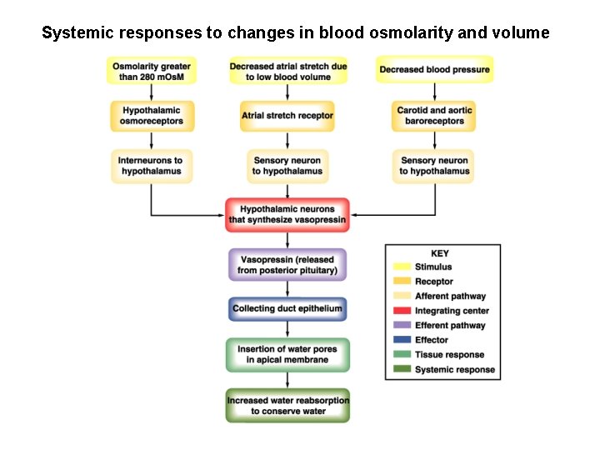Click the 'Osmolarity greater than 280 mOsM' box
point(151,70)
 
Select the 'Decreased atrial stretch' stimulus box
point(287,70)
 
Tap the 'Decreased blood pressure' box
point(434,70)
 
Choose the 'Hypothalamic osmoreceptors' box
point(151,116)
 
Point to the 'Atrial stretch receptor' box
point(287,116)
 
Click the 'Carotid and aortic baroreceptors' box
point(434,116)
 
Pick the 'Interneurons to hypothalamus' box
point(151,166)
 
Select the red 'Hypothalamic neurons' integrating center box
point(287,214)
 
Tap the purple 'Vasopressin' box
point(287,264)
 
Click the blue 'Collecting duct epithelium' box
point(287,308)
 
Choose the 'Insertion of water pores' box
point(287,354)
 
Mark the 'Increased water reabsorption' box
point(287,405)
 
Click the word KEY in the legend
point(440,253)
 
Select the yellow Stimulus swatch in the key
point(402,267)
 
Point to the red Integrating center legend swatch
point(402,311)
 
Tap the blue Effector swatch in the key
point(402,340)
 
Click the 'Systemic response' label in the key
point(454,369)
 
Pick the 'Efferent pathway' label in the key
point(450,326)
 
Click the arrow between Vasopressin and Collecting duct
point(287,288)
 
